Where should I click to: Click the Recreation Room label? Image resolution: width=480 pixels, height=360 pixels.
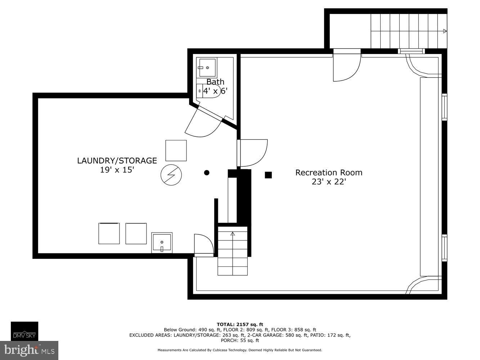[328, 172]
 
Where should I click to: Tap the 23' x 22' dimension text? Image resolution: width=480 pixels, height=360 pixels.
[328, 182]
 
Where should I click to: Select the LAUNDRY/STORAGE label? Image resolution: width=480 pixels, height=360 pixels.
[117, 161]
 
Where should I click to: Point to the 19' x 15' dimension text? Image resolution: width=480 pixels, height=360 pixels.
[117, 170]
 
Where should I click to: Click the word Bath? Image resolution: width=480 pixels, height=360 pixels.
[215, 82]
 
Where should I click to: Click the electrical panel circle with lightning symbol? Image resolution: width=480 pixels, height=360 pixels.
[171, 175]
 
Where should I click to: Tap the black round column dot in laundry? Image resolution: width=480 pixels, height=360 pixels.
[207, 173]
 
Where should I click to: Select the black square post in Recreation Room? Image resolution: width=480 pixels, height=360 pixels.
[268, 175]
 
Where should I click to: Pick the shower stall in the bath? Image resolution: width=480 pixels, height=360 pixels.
[207, 68]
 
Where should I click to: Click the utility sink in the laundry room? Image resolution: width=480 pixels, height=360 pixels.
[162, 243]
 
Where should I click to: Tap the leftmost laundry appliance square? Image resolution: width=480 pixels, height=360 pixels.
[109, 233]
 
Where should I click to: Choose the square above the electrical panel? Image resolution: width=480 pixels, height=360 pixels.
[176, 150]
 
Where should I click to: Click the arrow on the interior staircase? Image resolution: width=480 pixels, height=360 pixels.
[233, 234]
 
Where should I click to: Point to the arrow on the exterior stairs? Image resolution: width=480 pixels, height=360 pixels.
[445, 31]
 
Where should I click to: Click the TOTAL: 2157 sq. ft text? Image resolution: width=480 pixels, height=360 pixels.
[240, 324]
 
